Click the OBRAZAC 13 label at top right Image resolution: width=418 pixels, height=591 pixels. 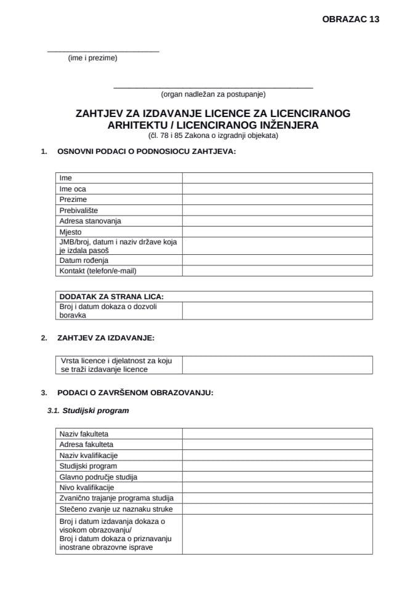[x=350, y=19]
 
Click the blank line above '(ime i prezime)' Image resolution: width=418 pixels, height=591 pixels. [x=103, y=50]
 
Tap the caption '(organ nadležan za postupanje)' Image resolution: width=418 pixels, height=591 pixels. [x=213, y=94]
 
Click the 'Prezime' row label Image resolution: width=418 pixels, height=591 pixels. [x=73, y=199]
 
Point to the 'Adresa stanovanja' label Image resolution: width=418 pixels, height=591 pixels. [x=90, y=221]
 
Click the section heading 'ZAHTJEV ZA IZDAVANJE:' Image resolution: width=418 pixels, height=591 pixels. [x=106, y=338]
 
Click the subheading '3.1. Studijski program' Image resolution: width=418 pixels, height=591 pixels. [x=88, y=411]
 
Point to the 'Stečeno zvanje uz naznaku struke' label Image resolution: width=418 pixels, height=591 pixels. [x=116, y=509]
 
